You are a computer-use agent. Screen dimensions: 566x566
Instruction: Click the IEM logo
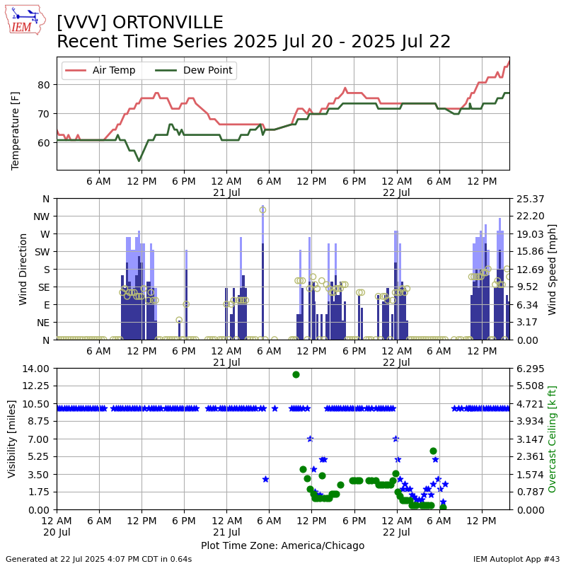(x=25, y=21)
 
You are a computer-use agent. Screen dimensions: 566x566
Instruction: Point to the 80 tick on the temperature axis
(x=44, y=85)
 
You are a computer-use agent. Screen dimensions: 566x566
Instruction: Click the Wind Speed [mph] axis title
(x=553, y=269)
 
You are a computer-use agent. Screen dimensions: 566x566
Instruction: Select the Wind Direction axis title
(x=23, y=269)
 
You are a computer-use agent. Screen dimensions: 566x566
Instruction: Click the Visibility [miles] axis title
(x=12, y=439)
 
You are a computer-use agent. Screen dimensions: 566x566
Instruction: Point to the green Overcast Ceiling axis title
(x=553, y=439)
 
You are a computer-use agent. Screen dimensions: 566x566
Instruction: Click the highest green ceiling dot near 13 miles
(x=296, y=374)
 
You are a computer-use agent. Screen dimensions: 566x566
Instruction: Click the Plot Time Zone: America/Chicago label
(x=282, y=545)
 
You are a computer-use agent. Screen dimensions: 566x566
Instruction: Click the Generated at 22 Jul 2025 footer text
(x=98, y=559)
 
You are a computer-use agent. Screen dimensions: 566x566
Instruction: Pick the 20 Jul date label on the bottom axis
(x=57, y=531)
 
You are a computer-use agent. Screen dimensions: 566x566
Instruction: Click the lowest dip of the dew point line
(x=139, y=161)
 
